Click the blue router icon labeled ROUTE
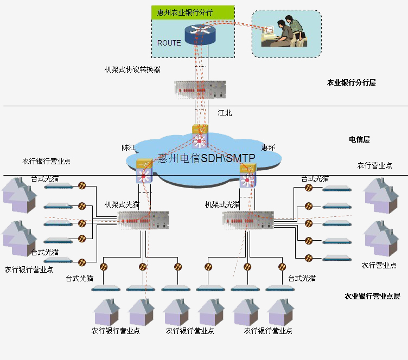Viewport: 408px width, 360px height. coord(199,33)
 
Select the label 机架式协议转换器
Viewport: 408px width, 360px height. coord(132,69)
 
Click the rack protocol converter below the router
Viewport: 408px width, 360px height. coord(199,89)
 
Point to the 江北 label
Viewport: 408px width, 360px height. coord(225,113)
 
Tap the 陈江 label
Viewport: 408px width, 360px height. coord(129,147)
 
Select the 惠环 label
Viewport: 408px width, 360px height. coord(268,147)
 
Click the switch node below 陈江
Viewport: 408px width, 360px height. coord(144,170)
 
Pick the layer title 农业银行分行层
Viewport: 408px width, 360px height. coord(351,83)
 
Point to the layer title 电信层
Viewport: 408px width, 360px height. coord(359,139)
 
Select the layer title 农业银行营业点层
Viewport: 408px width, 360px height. coord(372,296)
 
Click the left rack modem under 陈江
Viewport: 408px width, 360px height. coord(143,220)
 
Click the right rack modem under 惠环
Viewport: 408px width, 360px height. coord(247,220)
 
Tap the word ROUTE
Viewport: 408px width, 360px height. coord(169,43)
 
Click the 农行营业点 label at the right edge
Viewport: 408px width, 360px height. coord(374,165)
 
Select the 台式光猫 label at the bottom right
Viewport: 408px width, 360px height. coord(302,278)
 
